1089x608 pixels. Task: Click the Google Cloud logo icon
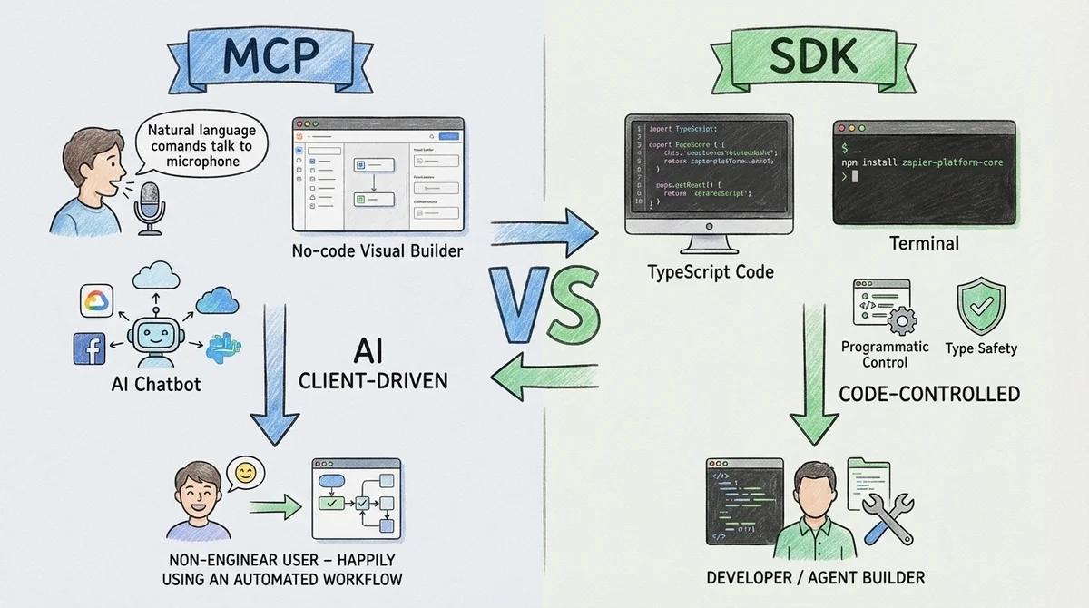point(97,300)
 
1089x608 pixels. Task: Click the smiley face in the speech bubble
point(243,473)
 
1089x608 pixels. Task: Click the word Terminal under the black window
point(925,242)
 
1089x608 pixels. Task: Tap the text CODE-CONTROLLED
point(928,394)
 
